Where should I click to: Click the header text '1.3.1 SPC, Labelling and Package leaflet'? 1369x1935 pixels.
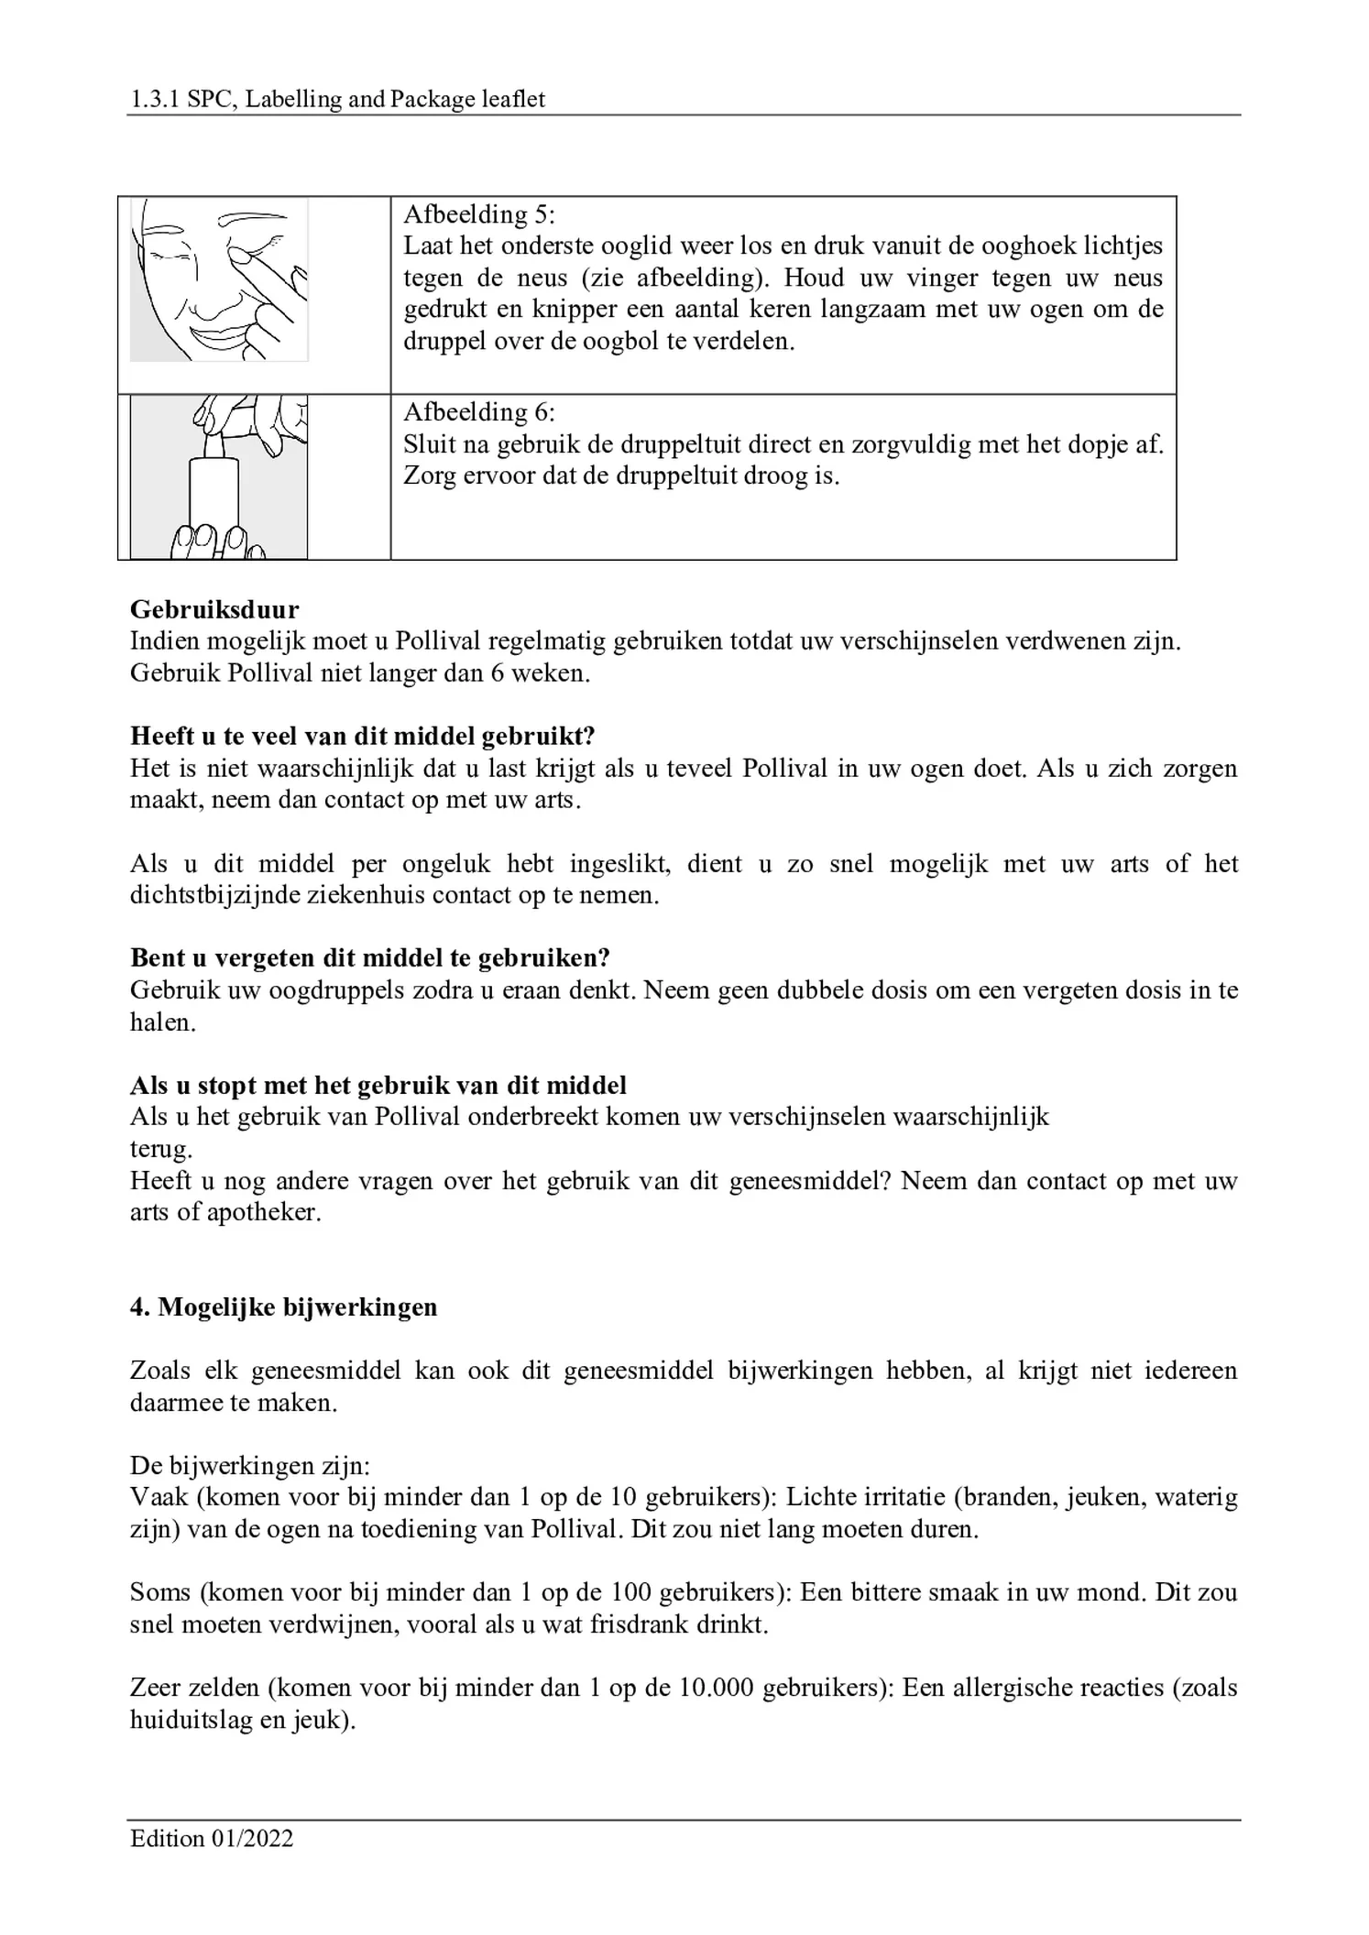pyautogui.click(x=337, y=99)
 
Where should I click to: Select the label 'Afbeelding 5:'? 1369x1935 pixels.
pyautogui.click(x=479, y=214)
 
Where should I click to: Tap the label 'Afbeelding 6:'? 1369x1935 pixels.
pyautogui.click(x=479, y=412)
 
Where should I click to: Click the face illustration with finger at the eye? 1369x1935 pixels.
pyautogui.click(x=219, y=280)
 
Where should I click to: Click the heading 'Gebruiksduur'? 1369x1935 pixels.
pyautogui.click(x=214, y=609)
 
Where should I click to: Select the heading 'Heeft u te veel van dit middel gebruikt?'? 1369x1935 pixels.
pyautogui.click(x=363, y=736)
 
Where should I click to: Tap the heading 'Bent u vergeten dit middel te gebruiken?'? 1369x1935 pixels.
pyautogui.click(x=370, y=957)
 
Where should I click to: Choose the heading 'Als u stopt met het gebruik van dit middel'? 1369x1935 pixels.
pyautogui.click(x=378, y=1086)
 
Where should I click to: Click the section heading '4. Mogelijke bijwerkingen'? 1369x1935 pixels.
pyautogui.click(x=284, y=1306)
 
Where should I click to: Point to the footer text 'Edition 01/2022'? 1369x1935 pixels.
pyautogui.click(x=212, y=1839)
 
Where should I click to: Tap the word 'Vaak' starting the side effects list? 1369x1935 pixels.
pyautogui.click(x=159, y=1497)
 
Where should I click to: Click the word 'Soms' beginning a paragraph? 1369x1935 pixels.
pyautogui.click(x=159, y=1592)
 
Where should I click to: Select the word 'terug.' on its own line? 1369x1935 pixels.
pyautogui.click(x=161, y=1149)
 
